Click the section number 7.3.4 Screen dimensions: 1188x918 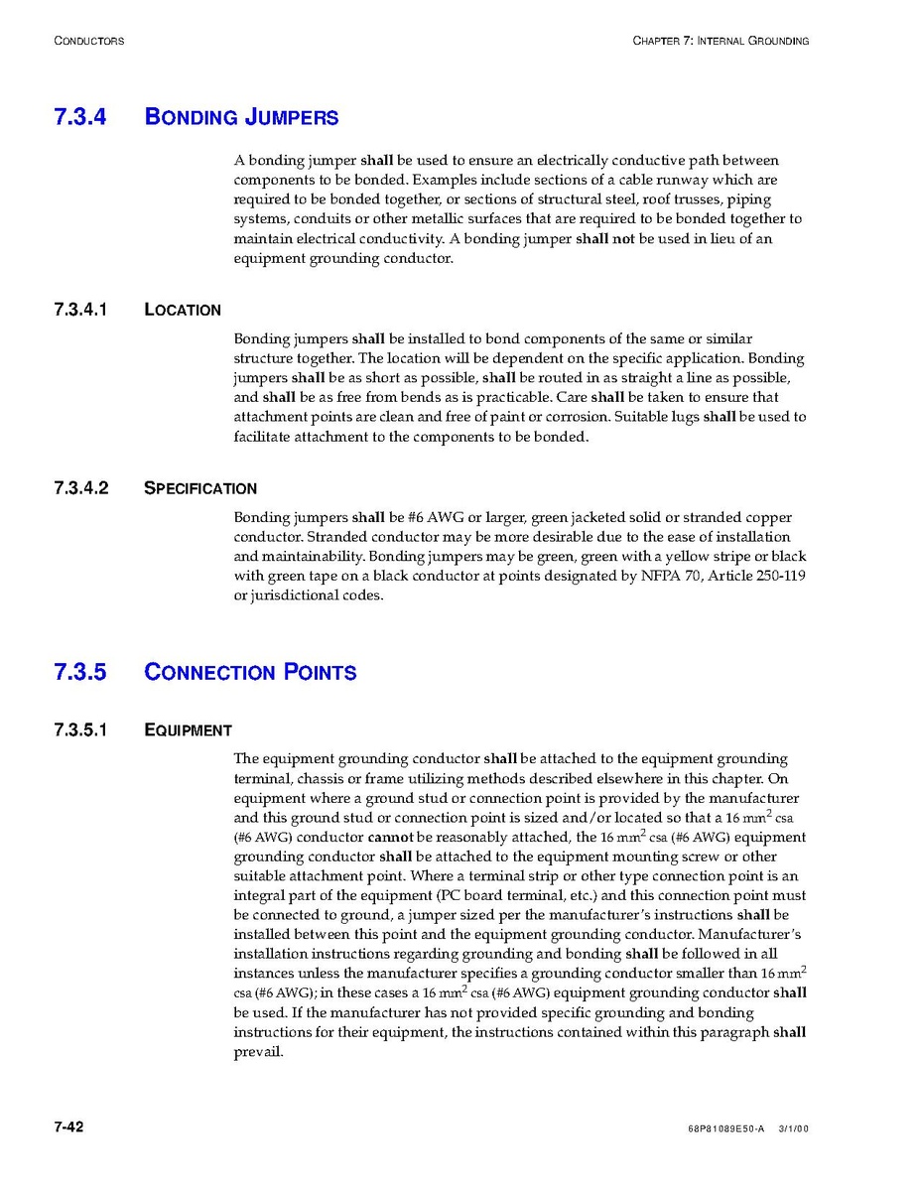click(x=80, y=117)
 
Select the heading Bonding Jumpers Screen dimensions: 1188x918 click(x=241, y=117)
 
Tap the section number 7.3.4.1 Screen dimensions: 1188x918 click(x=80, y=310)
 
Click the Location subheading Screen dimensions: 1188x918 click(x=183, y=310)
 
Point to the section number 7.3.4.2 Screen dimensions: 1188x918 click(x=81, y=488)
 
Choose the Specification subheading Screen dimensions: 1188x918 click(x=200, y=488)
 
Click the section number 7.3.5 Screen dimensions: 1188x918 click(x=80, y=672)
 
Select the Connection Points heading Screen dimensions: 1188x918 click(x=250, y=672)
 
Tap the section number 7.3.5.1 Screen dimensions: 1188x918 click(x=81, y=730)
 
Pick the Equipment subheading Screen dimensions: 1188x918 click(x=188, y=730)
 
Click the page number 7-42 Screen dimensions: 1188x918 click(x=69, y=1126)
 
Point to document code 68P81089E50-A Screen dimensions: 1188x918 click(x=725, y=1129)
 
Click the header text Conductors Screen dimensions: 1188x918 click(x=89, y=41)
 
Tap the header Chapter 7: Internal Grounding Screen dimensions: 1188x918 click(x=721, y=41)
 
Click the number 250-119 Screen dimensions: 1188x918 click(x=779, y=576)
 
